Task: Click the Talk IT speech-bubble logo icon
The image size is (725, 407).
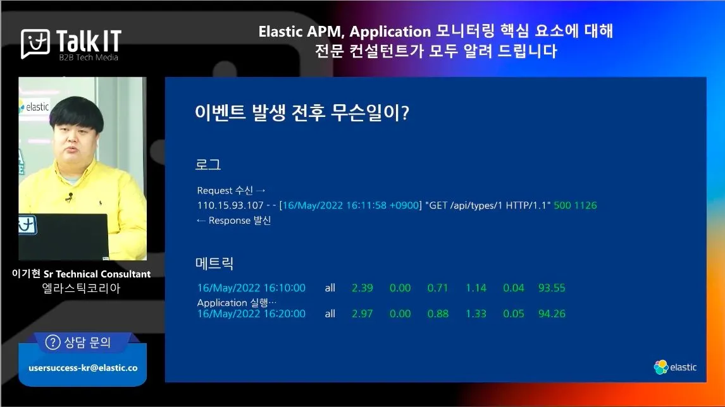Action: (35, 44)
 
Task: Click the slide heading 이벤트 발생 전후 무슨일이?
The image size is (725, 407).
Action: (302, 112)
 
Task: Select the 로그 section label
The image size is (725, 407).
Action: (208, 164)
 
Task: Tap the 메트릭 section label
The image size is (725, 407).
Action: (214, 264)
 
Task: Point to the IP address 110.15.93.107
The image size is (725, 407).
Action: (230, 205)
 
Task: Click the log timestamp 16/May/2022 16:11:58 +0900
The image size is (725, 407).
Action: (350, 205)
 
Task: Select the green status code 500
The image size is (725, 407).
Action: (562, 205)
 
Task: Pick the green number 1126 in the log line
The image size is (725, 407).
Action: (586, 205)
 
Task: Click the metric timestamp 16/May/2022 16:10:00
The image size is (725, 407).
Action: (251, 288)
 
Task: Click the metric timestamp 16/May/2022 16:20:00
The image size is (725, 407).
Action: (251, 313)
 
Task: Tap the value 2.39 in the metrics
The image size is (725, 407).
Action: (362, 288)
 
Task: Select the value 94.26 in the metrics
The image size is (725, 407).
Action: (552, 313)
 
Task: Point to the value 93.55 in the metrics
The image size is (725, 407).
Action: (552, 288)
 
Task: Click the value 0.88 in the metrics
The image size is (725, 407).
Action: (438, 313)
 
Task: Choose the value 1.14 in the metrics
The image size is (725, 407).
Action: (476, 288)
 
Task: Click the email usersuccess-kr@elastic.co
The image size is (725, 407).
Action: (84, 368)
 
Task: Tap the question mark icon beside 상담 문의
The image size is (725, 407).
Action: (53, 343)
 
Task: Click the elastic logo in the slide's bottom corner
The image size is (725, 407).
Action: (675, 367)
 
